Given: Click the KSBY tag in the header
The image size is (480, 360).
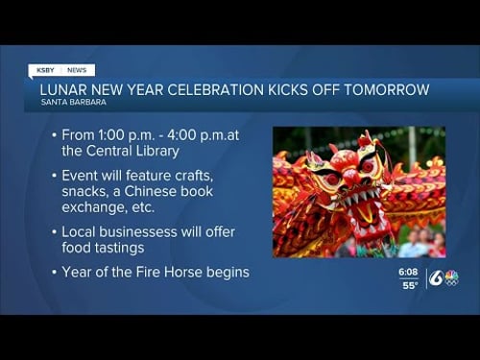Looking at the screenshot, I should [x=45, y=70].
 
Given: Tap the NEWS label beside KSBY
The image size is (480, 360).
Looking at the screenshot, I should [x=77, y=70].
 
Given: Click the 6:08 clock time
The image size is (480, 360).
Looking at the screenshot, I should [x=408, y=272].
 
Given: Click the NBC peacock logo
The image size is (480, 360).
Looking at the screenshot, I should [x=451, y=277].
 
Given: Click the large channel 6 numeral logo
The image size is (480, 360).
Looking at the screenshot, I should [x=436, y=278].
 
